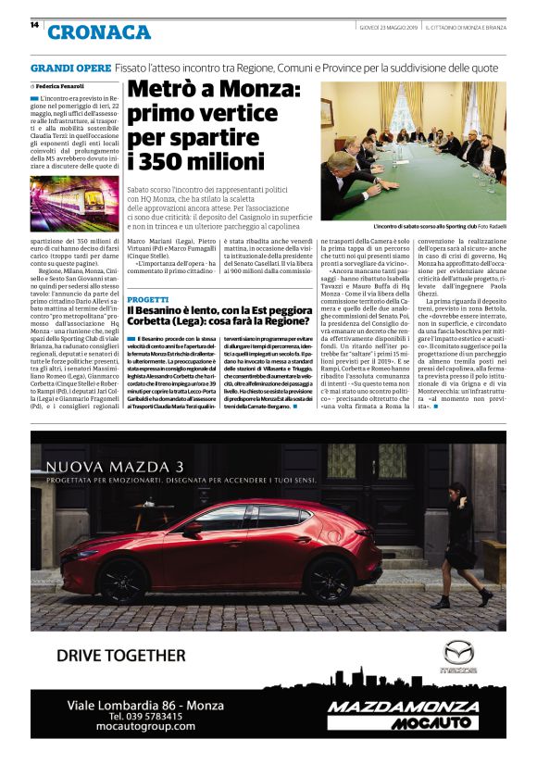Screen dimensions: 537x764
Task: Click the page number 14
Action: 34,25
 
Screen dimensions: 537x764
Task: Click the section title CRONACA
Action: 99,32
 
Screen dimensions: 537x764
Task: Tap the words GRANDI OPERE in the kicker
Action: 70,69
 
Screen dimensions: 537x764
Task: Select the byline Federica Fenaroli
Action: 65,86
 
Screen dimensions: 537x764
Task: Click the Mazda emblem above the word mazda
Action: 458,652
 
